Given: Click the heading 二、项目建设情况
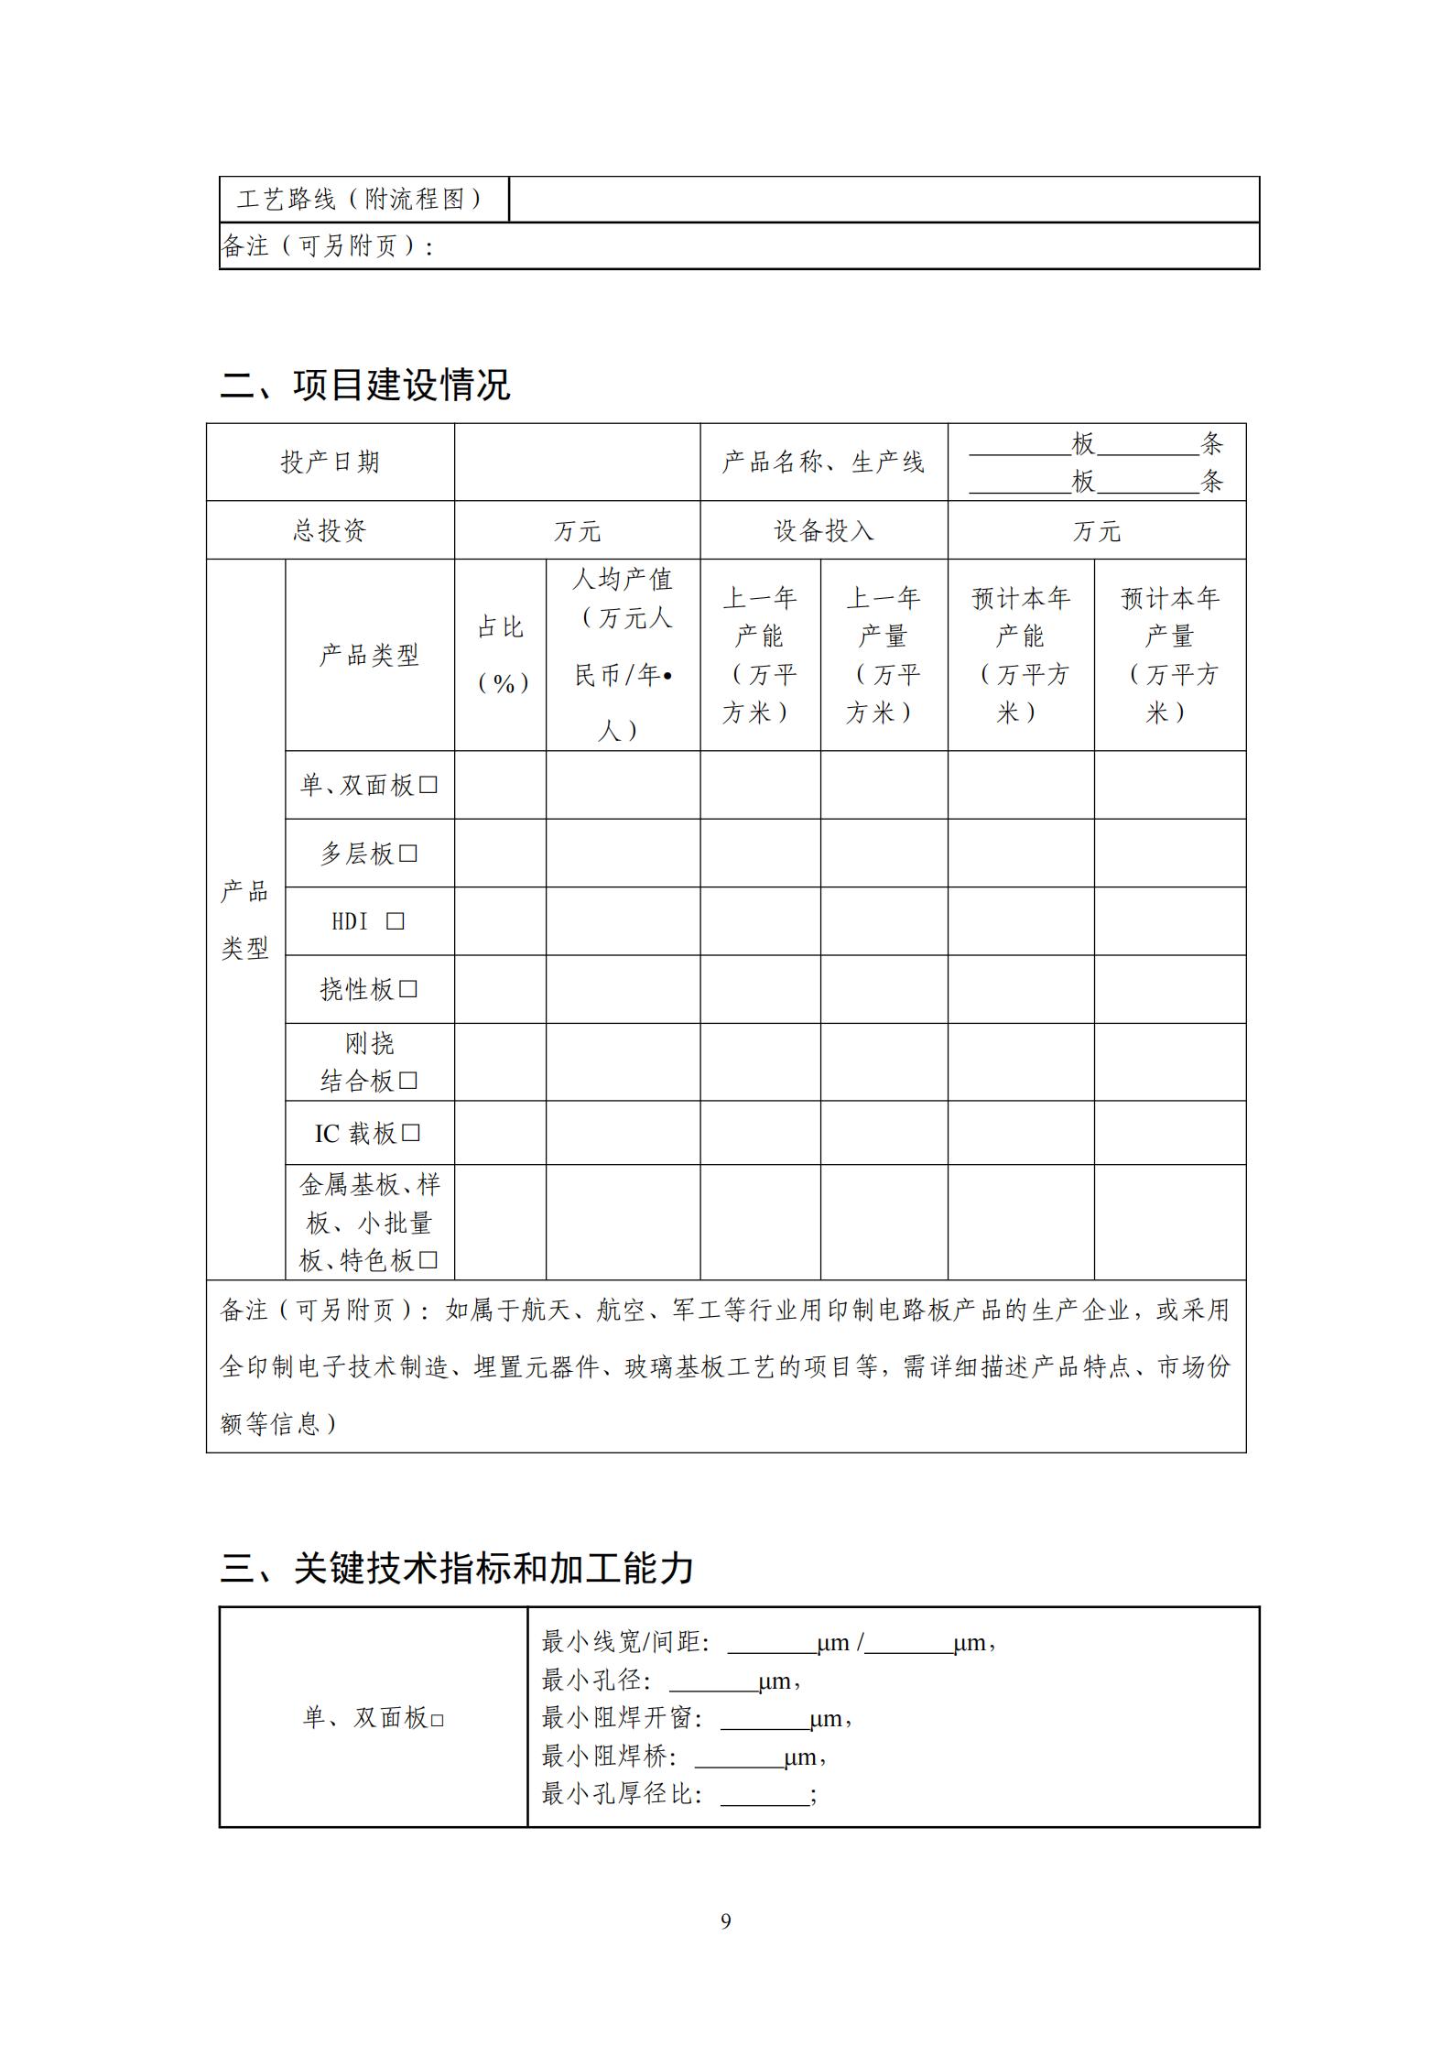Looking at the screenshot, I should coord(364,386).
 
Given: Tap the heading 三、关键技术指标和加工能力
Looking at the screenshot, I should coord(456,1568).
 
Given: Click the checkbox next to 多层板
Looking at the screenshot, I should coord(409,854).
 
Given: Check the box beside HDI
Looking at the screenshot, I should coord(395,921).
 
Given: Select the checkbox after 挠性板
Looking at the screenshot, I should coord(409,989).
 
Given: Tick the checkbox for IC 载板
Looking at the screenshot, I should coord(411,1133).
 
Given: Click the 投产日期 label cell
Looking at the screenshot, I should coord(330,462).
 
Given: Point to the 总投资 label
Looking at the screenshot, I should coord(330,530).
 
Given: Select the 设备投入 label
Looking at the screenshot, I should coord(823,530).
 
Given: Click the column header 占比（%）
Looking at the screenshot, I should coord(501,655).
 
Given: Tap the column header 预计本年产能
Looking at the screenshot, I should coord(1020,655).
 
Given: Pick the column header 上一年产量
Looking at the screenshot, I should coord(883,655).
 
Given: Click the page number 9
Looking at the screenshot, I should coord(726,1921).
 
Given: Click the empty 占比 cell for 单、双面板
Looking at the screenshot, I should coord(501,785).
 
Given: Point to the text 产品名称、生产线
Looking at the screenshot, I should coord(823,462).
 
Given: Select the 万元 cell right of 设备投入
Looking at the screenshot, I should coord(1096,530).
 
